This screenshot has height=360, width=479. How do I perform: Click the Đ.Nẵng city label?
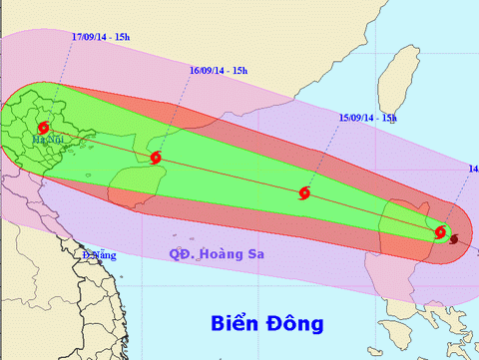(x=99, y=255)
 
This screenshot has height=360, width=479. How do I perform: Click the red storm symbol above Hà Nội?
(x=42, y=128)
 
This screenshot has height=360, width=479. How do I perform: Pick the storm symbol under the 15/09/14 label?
(x=304, y=192)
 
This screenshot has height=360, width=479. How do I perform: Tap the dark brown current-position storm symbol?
(x=454, y=239)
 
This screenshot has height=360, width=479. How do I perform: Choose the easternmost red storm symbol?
(x=440, y=232)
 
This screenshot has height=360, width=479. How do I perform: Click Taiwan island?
(x=404, y=75)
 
